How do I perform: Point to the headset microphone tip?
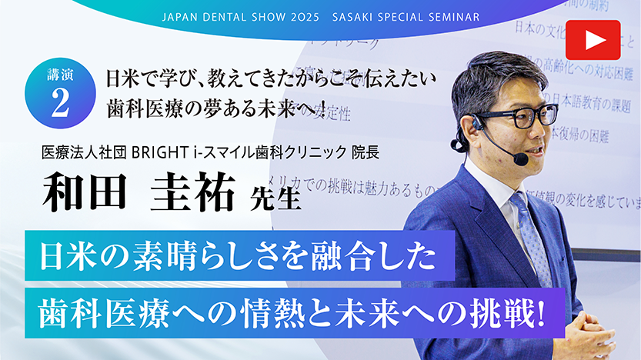tap(521, 158)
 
